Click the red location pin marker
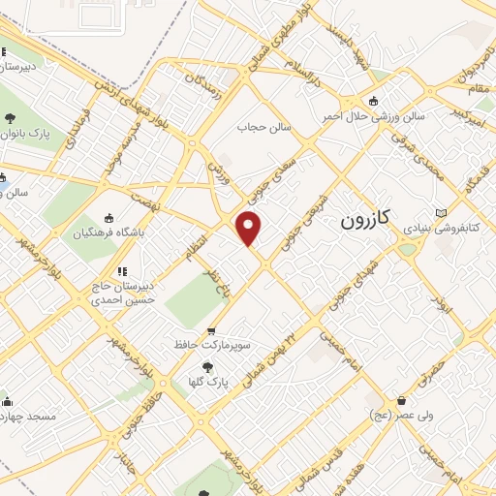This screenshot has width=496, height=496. pyautogui.click(x=250, y=228)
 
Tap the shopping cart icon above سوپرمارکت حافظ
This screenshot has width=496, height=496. pyautogui.click(x=211, y=330)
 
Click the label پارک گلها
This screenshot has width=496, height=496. pyautogui.click(x=209, y=383)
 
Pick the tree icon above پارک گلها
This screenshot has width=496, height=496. pyautogui.click(x=207, y=367)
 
